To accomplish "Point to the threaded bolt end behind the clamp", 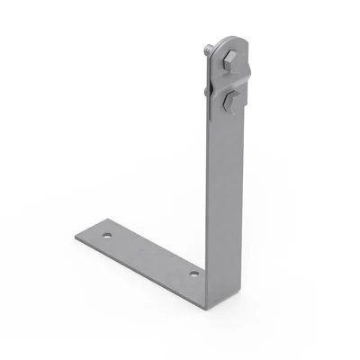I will [x=208, y=53].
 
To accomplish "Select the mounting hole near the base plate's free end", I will [x=108, y=236].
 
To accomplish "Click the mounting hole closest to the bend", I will [x=193, y=271].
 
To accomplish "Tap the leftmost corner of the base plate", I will [x=76, y=237].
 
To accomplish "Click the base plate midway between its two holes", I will [x=150, y=254].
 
